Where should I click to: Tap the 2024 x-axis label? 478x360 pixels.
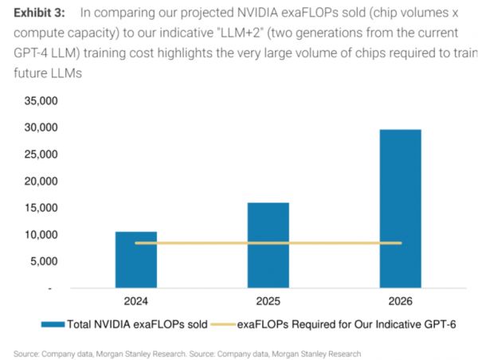pos(136,302)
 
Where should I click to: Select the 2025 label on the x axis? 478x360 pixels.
pos(268,302)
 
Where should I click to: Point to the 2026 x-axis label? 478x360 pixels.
pos(400,302)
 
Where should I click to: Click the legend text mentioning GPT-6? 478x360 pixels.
pos(346,324)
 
